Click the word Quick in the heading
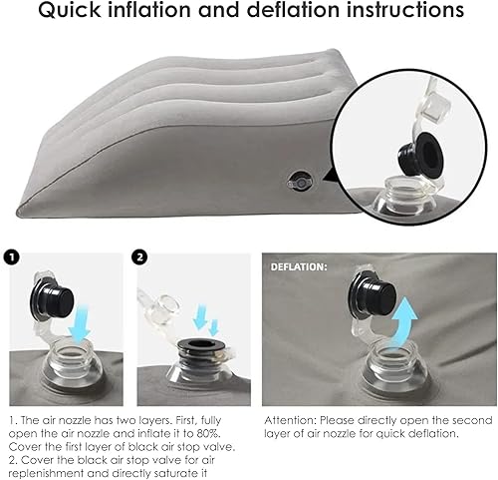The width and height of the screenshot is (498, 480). [69, 10]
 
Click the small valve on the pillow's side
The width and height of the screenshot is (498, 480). [300, 182]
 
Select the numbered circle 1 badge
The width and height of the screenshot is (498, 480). [12, 257]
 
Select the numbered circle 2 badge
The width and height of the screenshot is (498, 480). [139, 257]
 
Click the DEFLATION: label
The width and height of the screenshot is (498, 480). [299, 267]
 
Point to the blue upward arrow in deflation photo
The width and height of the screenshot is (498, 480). [403, 325]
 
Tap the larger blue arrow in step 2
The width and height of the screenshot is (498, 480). [200, 317]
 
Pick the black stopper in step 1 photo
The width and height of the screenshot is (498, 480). [52, 299]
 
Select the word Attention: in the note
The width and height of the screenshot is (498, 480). [291, 420]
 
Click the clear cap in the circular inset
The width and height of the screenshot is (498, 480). [436, 107]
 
